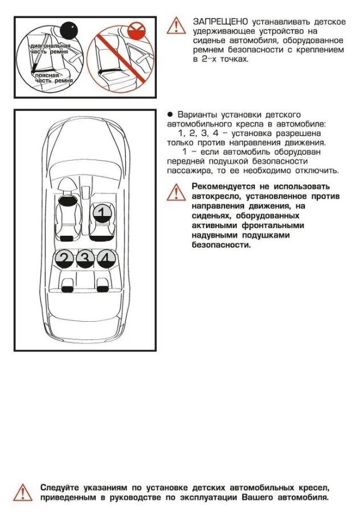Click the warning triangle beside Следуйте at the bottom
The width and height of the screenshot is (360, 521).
(x=22, y=491)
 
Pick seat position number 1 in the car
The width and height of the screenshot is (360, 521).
(x=101, y=213)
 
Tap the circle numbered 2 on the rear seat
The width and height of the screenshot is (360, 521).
(x=64, y=259)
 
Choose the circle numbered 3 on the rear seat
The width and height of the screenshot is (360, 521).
(x=85, y=259)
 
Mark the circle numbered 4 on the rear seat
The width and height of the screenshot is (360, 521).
(x=105, y=259)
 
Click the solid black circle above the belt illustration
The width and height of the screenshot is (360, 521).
(x=69, y=28)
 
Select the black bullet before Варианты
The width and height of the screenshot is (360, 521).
(x=170, y=114)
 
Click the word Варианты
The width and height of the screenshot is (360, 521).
(x=198, y=114)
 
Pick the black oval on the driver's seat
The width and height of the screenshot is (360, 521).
(x=68, y=200)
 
